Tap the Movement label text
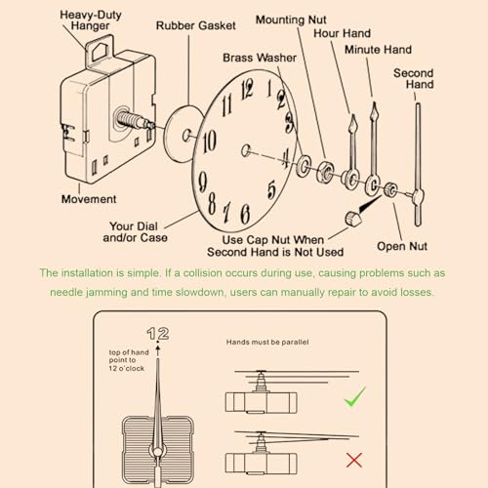[x=89, y=199]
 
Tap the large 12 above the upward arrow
[x=158, y=334]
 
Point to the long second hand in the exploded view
[x=419, y=156]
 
